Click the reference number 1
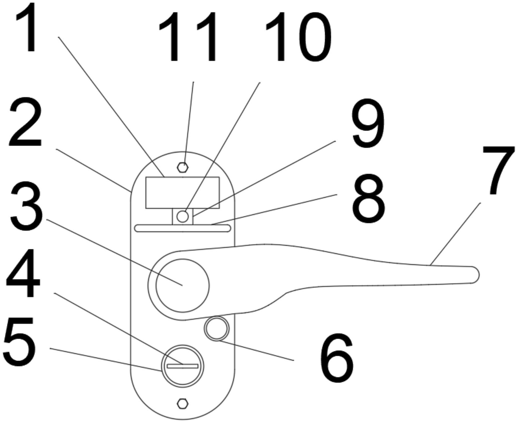click(27, 28)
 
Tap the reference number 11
click(188, 37)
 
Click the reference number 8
click(369, 198)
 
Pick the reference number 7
click(499, 170)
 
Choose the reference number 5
click(20, 341)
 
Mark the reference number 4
click(23, 273)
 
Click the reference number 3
click(26, 207)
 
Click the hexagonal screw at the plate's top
click(183, 167)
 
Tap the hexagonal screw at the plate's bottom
click(183, 403)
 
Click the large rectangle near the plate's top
click(182, 193)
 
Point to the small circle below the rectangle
click(183, 216)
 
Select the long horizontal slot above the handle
click(183, 228)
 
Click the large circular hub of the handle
click(182, 285)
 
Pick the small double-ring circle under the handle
click(217, 328)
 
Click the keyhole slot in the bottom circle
click(183, 366)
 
